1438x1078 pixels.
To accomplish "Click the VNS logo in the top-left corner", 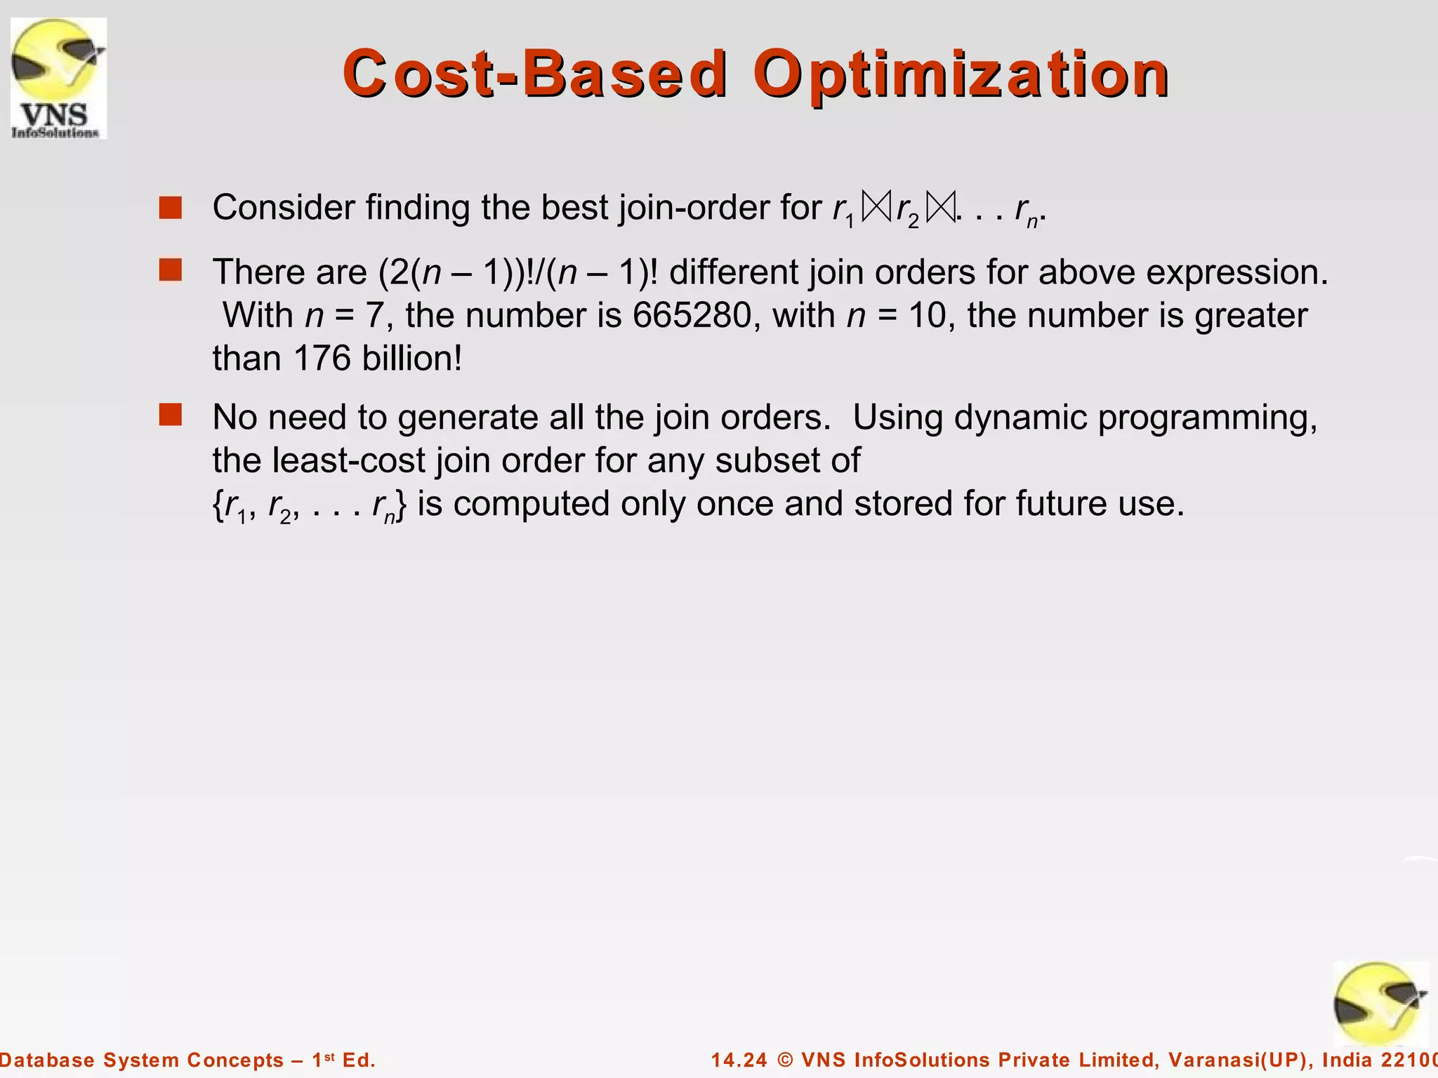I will click(59, 78).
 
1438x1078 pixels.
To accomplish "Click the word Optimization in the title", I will click(961, 74).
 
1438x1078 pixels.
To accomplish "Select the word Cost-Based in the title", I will click(535, 74).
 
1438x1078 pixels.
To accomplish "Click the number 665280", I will click(692, 315).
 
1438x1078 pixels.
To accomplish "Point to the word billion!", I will click(412, 359).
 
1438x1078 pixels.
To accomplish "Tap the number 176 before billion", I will click(322, 359).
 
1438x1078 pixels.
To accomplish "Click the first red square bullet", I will click(171, 208).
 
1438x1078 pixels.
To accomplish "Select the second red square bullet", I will click(171, 269).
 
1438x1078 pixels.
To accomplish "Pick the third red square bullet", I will click(171, 415).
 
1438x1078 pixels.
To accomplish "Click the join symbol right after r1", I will click(876, 208).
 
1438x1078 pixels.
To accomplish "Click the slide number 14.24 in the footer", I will click(740, 1060).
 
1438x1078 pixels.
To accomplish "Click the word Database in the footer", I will click(47, 1060).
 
